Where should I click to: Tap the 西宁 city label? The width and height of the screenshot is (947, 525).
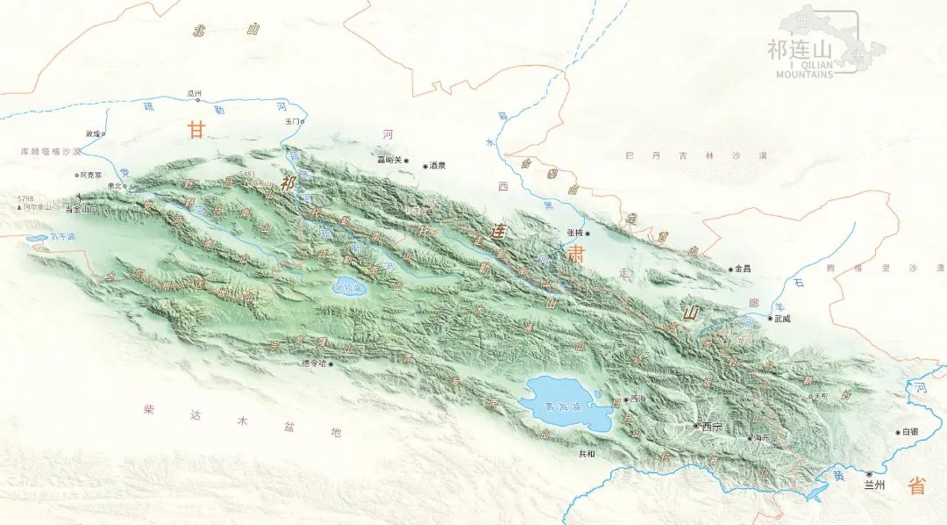pyautogui.click(x=712, y=426)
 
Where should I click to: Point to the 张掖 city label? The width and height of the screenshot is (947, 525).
pyautogui.click(x=574, y=233)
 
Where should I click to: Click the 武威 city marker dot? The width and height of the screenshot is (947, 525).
pyautogui.click(x=770, y=319)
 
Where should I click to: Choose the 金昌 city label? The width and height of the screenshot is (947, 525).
pyautogui.click(x=742, y=269)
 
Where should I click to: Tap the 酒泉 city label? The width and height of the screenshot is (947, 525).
pyautogui.click(x=437, y=165)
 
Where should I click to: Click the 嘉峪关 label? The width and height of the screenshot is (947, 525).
pyautogui.click(x=388, y=160)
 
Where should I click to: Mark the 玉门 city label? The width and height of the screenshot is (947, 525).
pyautogui.click(x=293, y=120)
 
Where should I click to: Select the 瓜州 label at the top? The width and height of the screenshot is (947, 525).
pyautogui.click(x=194, y=92)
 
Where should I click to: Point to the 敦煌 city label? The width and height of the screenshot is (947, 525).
pyautogui.click(x=92, y=133)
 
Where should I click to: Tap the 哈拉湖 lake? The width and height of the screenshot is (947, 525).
pyautogui.click(x=349, y=286)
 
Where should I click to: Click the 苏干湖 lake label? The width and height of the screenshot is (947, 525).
pyautogui.click(x=61, y=236)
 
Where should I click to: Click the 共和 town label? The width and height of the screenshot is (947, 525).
pyautogui.click(x=587, y=454)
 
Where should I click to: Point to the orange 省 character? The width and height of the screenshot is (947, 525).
pyautogui.click(x=916, y=485)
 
